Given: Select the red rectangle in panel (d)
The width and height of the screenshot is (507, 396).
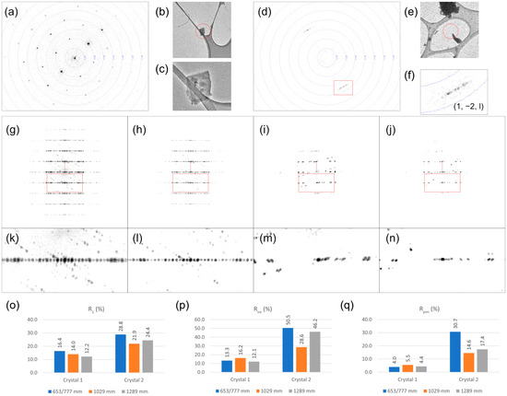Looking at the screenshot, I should pyautogui.click(x=343, y=87).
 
